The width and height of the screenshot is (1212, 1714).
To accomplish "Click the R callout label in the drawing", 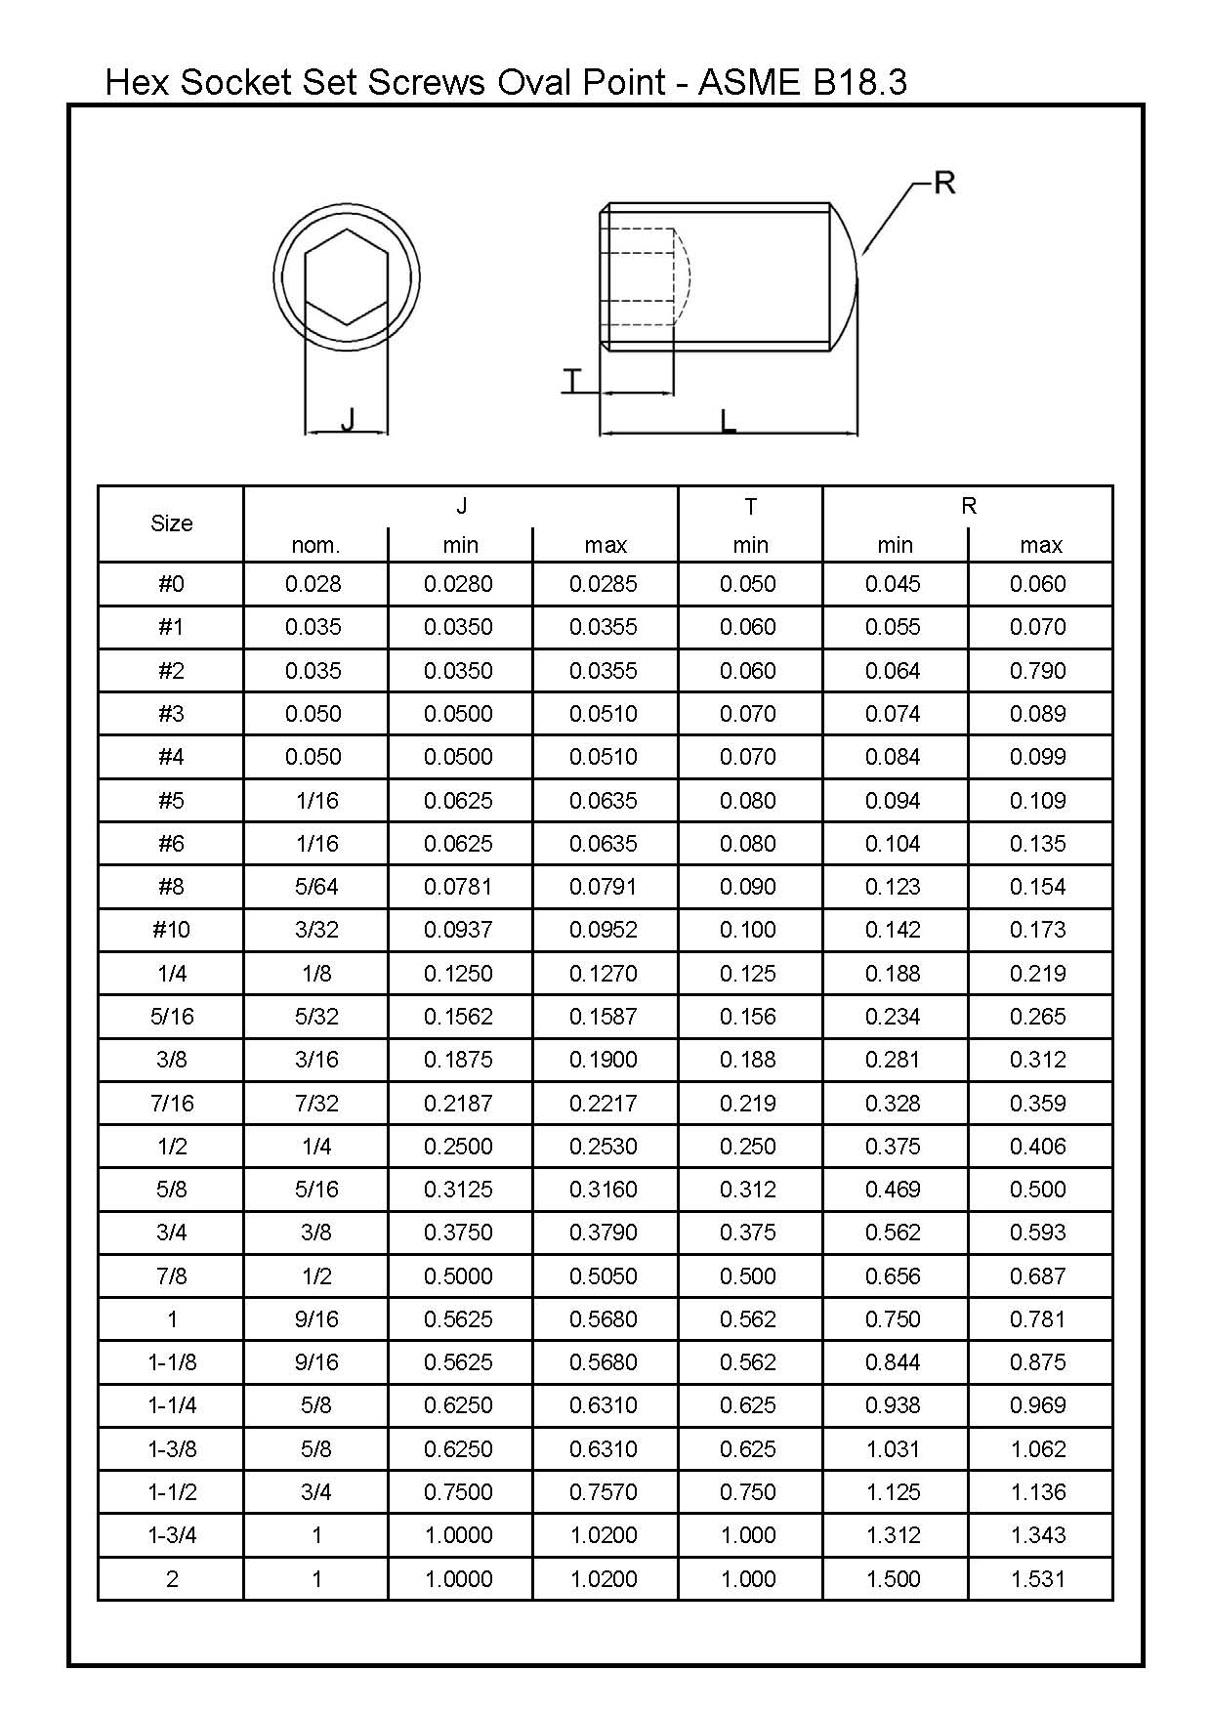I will [x=943, y=183].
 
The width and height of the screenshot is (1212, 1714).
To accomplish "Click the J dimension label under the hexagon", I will [x=348, y=420].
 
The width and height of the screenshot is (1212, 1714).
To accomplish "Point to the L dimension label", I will [x=728, y=422].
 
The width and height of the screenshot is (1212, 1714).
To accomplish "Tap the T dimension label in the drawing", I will [x=572, y=381].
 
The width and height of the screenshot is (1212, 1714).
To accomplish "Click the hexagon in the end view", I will [x=347, y=276].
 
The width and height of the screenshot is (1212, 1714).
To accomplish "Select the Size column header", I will [x=171, y=523].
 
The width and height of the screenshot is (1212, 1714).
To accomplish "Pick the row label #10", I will [x=171, y=930].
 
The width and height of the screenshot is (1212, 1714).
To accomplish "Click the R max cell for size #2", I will [x=1038, y=671].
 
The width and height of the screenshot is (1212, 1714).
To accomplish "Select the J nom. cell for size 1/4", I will [x=315, y=974].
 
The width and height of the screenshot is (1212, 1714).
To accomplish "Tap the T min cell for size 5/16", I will [x=748, y=1017].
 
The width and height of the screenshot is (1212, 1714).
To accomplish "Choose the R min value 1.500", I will [x=893, y=1579].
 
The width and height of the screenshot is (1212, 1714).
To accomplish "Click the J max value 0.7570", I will [x=604, y=1492].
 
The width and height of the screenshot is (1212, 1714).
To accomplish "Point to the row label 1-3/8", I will [x=172, y=1449].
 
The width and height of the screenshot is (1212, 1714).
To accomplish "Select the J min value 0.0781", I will [x=458, y=887].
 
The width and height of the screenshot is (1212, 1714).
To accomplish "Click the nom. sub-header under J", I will [x=315, y=545].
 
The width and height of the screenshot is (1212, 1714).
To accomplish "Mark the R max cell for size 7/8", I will [x=1038, y=1276].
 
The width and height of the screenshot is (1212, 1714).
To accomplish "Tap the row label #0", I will [x=171, y=584].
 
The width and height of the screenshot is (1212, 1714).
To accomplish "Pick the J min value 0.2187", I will [x=458, y=1104].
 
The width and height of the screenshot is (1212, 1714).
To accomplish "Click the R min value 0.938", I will [x=893, y=1405].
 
